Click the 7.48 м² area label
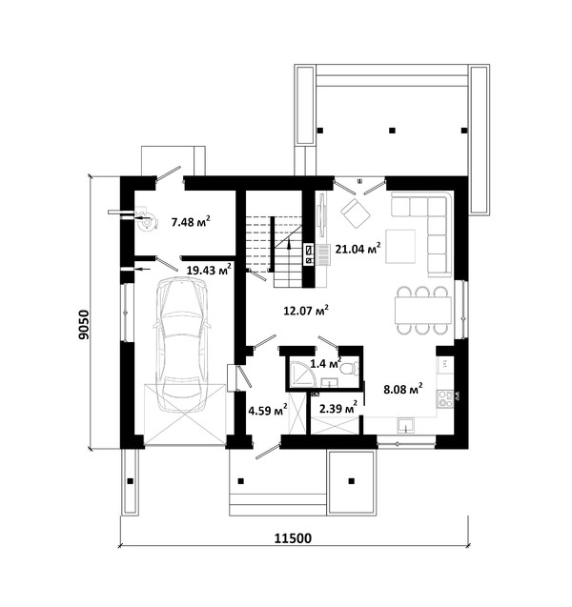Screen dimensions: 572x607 191,222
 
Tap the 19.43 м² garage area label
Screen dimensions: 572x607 209,270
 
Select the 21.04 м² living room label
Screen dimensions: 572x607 357,249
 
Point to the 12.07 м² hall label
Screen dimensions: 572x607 306,310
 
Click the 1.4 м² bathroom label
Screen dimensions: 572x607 326,363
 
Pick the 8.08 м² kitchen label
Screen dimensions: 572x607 403,389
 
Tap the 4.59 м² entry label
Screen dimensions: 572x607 268,410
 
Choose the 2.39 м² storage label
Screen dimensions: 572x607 338,408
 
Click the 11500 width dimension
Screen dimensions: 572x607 293,538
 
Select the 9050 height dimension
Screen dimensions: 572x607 84,324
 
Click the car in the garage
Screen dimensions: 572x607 182,345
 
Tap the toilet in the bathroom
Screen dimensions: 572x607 349,368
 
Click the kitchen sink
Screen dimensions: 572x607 405,425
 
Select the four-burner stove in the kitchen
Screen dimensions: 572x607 445,398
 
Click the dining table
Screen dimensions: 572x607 423,310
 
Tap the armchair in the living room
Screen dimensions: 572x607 356,213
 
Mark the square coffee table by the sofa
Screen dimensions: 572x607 400,246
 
